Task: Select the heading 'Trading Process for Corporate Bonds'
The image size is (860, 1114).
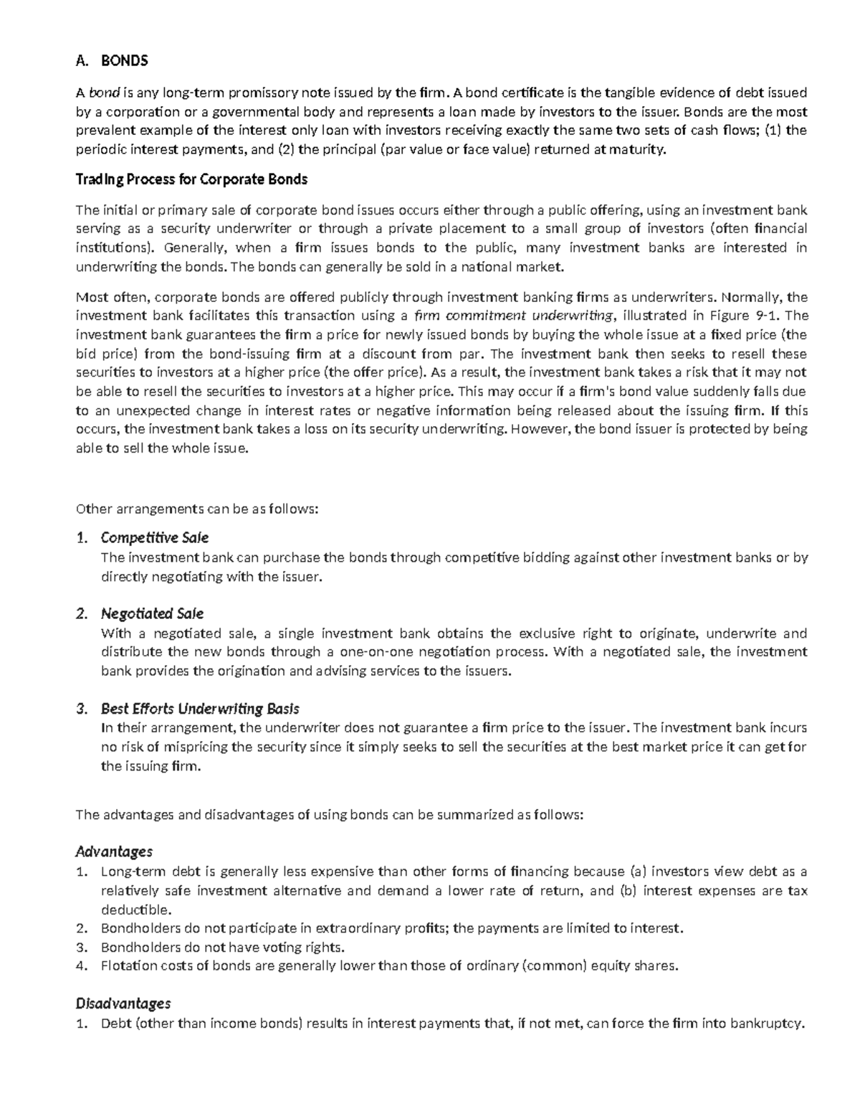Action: tap(191, 179)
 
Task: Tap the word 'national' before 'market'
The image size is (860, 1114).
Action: tap(491, 268)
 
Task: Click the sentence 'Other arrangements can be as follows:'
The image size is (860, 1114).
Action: tap(196, 509)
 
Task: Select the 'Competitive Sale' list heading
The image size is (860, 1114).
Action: tap(155, 538)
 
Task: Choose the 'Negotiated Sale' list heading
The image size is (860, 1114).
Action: tap(152, 614)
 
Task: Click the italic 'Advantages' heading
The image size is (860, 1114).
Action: tap(114, 851)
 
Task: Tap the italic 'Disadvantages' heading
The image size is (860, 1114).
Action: tap(123, 1003)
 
